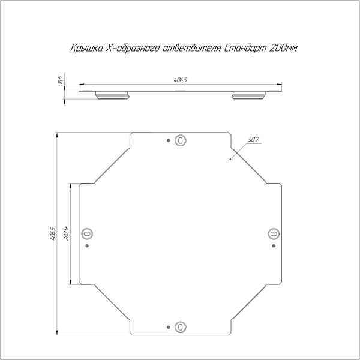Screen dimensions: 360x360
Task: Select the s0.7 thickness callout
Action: (x=253, y=140)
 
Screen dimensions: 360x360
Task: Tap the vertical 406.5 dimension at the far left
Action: (x=52, y=233)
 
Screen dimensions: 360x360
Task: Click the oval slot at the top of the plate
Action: (x=179, y=140)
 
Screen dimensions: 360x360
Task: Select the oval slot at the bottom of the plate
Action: (x=179, y=327)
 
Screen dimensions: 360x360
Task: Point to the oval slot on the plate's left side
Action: (x=87, y=233)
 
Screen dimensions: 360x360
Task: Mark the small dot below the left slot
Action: (x=87, y=245)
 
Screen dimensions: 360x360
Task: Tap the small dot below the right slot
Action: (x=273, y=245)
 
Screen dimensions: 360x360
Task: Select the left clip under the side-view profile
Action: (x=112, y=95)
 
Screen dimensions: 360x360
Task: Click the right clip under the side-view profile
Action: (x=249, y=95)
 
